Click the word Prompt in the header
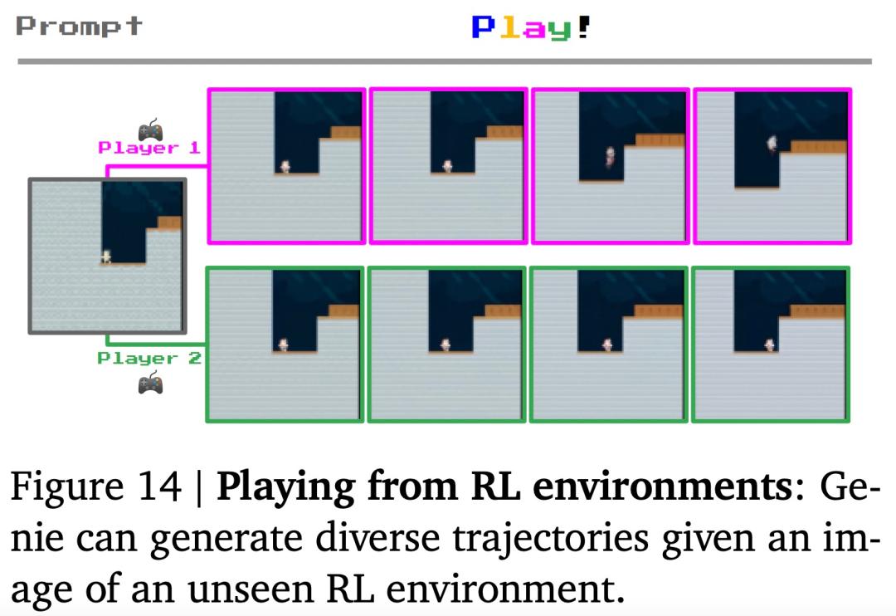[79, 27]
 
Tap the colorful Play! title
[530, 27]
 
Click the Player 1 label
[149, 148]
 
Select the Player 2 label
[149, 359]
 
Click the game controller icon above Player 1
[150, 130]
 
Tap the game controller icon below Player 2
[150, 383]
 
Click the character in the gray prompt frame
[106, 257]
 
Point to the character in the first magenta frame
[285, 166]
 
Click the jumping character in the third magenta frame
[611, 156]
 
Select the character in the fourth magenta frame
[772, 144]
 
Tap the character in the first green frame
[283, 345]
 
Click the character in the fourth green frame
[770, 345]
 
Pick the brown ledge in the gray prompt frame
[169, 222]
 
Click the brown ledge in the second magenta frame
[504, 132]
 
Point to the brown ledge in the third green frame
[658, 311]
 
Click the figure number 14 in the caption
[159, 486]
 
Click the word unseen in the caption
[252, 589]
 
